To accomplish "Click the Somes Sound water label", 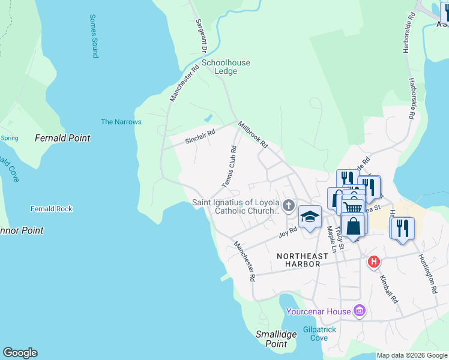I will pos(94,36).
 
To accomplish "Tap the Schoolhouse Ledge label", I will pos(226,67).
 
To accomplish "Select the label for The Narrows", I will pos(121,122).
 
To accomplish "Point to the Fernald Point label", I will pos(62,138).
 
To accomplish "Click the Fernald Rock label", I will pos(52,209).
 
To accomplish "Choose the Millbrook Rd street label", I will pos(252,135).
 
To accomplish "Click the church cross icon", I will pos(289,206).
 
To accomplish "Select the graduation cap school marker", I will pos(310,217).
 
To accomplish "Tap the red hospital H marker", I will pos(374,262).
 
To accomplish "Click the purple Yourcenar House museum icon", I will pos(360,311).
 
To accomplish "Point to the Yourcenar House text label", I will pos(318,311).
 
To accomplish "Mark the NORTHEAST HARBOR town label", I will pos(303,256).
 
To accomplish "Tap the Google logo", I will pos(20,353).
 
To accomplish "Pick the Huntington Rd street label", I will pos(427,274).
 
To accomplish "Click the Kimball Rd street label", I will pos(388,288).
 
